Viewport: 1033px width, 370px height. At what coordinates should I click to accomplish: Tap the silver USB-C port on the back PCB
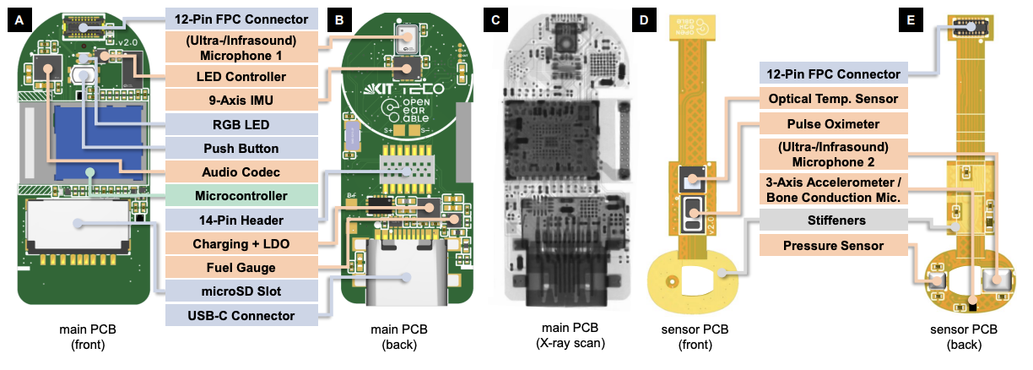tap(402, 278)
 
